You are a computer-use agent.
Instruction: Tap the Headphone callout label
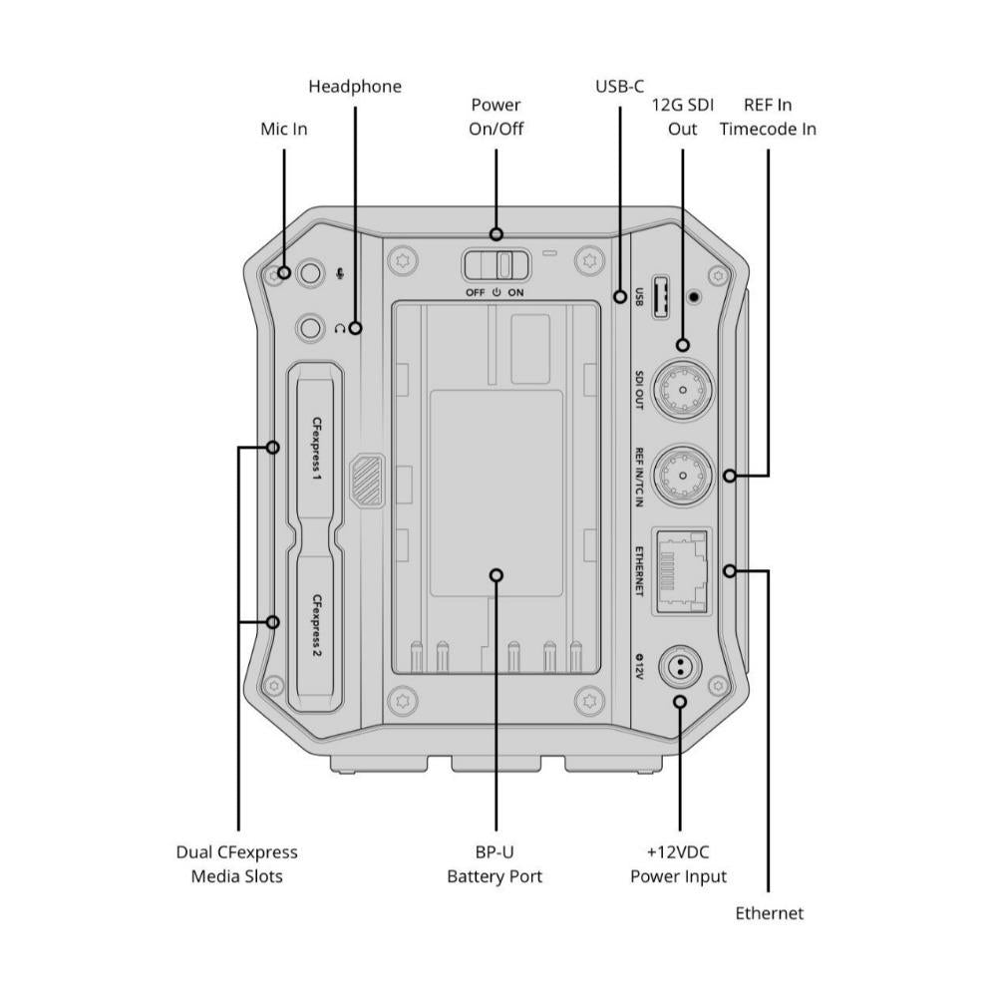(x=355, y=87)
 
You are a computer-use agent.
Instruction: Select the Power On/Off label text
(x=496, y=117)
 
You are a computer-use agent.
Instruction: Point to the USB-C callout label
(x=619, y=87)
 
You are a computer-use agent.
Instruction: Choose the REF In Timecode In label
(x=768, y=117)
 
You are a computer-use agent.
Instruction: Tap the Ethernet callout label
(x=769, y=912)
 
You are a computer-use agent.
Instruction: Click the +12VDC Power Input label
(x=679, y=864)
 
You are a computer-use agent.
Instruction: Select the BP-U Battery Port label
(x=496, y=864)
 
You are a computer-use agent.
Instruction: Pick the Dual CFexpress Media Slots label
(x=237, y=864)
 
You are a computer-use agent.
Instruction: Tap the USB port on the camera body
(x=660, y=295)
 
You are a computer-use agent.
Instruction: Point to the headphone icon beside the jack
(x=342, y=327)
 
